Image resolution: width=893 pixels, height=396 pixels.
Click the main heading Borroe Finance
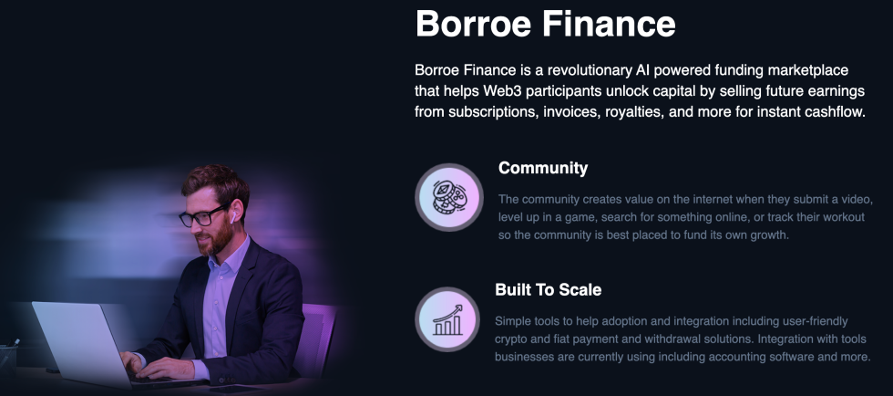pos(545,25)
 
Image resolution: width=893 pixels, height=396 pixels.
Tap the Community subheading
pos(543,168)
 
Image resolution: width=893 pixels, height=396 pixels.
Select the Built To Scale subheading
pos(548,290)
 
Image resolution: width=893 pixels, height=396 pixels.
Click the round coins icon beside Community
pos(448,197)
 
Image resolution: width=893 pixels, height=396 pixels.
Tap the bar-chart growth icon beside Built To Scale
pos(447,319)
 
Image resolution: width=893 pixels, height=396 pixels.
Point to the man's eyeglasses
pos(202,217)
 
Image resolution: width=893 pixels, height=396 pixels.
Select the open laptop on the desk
pos(77,342)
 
